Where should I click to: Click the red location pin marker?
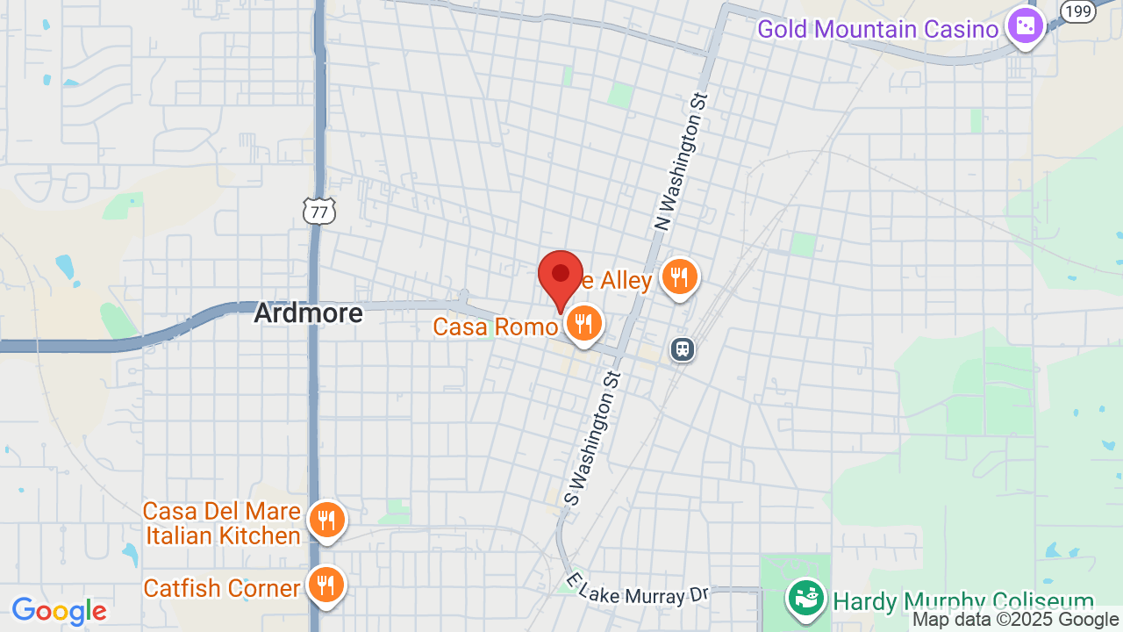561,278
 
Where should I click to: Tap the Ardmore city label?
308,313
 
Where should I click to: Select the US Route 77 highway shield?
319,211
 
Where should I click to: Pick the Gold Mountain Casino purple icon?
1024,26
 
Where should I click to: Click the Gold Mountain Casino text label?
877,30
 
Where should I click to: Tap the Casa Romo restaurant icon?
583,323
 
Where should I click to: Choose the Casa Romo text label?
495,327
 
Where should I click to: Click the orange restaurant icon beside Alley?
679,276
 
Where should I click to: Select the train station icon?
682,349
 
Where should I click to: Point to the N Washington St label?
681,162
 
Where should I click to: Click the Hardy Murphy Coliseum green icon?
805,598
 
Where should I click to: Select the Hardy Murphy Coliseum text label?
963,602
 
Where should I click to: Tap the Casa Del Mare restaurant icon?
325,521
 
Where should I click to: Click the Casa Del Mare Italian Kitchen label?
222,523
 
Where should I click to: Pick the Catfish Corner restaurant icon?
325,585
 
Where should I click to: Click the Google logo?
59,611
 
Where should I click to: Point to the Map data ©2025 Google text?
1015,620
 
